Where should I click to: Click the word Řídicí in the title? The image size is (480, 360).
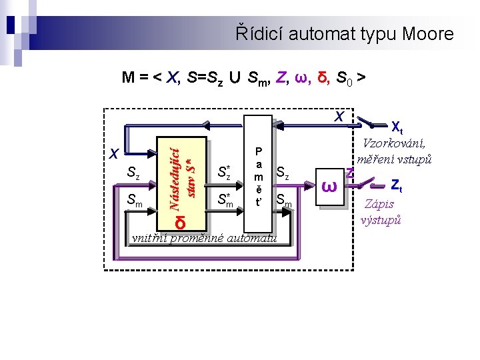tap(259, 34)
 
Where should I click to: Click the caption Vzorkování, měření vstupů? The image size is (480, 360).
tap(395, 151)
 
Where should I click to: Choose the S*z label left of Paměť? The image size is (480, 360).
tap(225, 171)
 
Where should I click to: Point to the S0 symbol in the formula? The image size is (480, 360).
tap(344, 78)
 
